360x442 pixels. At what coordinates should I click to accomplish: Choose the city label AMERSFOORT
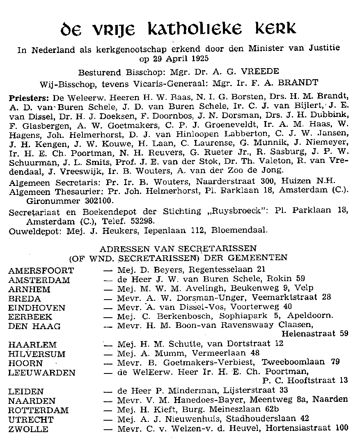click(41, 271)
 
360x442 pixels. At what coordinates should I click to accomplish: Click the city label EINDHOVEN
click(37, 308)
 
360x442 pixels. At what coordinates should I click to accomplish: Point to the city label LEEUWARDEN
click(42, 373)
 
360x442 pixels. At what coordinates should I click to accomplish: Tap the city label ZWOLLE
click(28, 429)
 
